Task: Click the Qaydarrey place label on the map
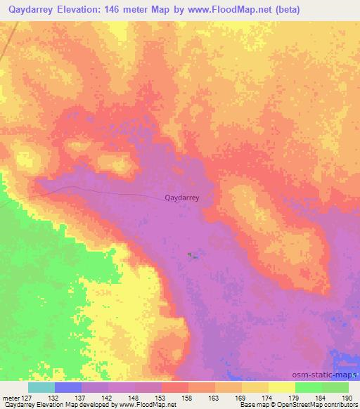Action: click(181, 198)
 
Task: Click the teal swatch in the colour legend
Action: click(41, 387)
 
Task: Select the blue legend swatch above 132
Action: click(68, 387)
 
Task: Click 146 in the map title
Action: click(134, 9)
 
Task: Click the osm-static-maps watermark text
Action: click(330, 375)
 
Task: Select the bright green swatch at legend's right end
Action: click(335, 387)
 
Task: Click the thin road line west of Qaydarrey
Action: click(105, 192)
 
